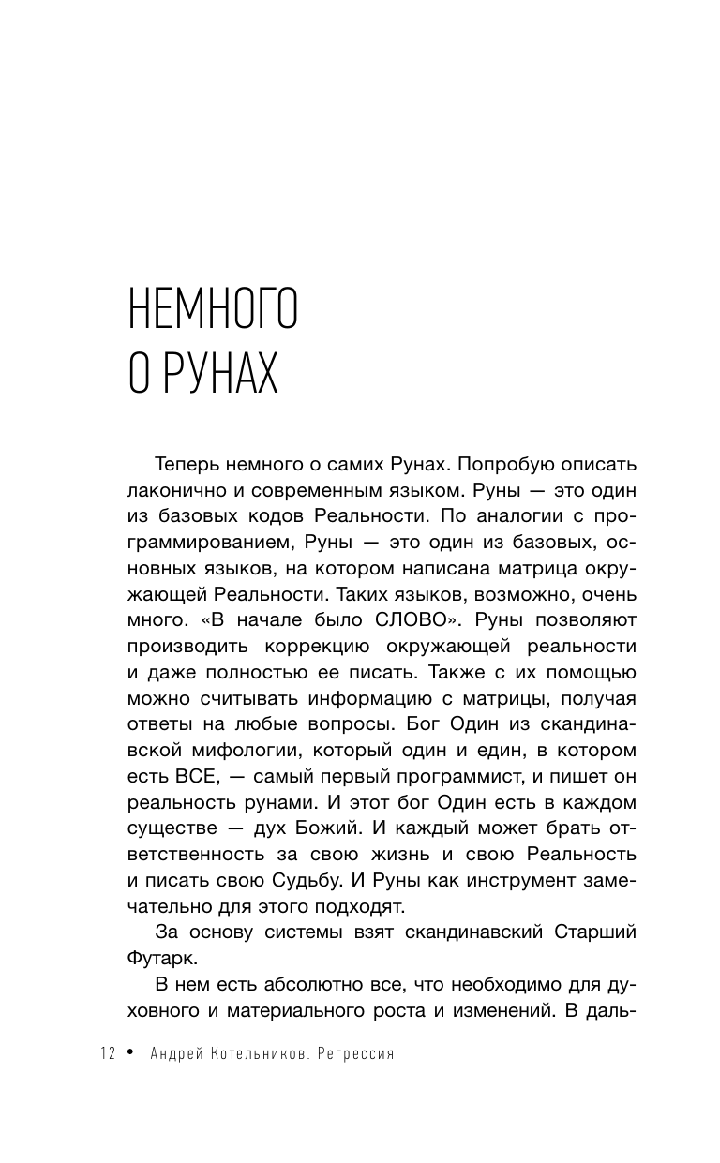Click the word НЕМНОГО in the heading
pyautogui.click(x=213, y=309)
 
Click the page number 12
pyautogui.click(x=107, y=1053)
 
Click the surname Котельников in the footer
pyautogui.click(x=258, y=1053)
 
